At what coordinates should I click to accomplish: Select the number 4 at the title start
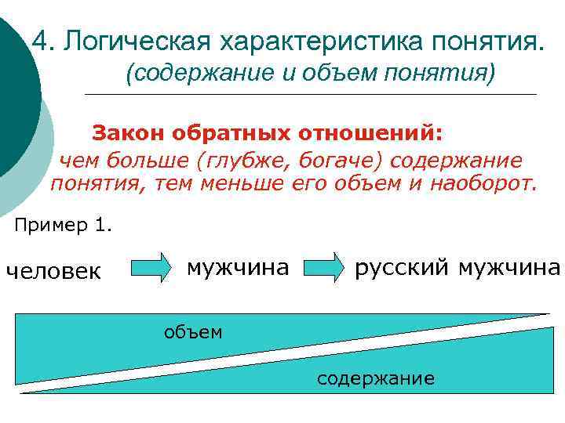42,40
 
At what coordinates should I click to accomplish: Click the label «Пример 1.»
64,226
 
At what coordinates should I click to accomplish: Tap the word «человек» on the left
53,271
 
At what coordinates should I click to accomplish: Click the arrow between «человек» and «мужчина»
150,268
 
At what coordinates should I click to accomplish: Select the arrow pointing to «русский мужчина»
325,268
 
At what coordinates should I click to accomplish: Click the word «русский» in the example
403,268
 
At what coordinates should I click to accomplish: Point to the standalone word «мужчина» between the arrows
238,268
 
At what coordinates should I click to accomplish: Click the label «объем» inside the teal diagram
192,332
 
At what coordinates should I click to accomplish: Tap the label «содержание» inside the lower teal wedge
375,379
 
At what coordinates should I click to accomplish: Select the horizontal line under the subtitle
310,95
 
